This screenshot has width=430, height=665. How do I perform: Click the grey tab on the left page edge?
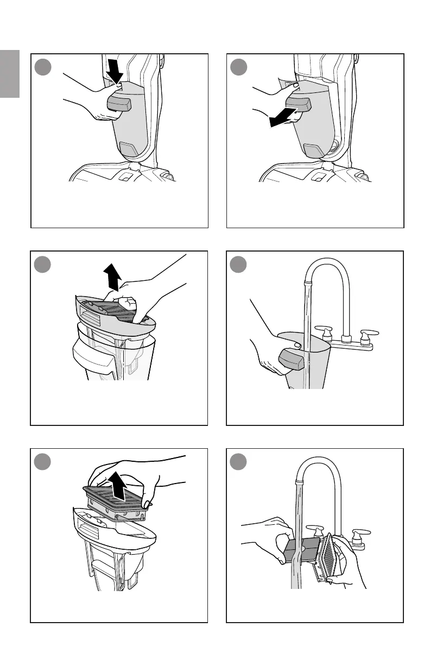(x=10, y=74)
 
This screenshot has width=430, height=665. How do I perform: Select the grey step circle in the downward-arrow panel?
(x=42, y=67)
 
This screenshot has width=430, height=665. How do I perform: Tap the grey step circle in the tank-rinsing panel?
(x=238, y=265)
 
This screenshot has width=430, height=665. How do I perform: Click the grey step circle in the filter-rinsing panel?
(x=238, y=462)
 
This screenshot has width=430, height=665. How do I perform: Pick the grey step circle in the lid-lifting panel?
(x=42, y=265)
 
